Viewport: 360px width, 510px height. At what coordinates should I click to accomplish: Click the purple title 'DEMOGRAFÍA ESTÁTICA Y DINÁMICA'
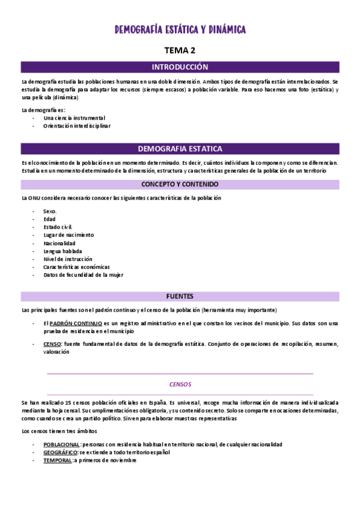[x=180, y=29]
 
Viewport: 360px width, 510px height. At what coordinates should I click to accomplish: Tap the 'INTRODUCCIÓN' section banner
[x=180, y=67]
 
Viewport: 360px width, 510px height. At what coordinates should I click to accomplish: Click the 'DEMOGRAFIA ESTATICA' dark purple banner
[x=180, y=149]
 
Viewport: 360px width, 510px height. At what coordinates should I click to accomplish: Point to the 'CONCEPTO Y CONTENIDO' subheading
[x=180, y=184]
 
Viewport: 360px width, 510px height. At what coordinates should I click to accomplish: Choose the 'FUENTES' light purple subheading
[x=180, y=296]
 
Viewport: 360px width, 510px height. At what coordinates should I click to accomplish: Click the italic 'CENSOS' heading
[x=180, y=382]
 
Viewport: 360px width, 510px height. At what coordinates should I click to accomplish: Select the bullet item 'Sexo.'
[x=50, y=212]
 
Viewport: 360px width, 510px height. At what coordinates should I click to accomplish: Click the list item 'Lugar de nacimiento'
[x=69, y=235]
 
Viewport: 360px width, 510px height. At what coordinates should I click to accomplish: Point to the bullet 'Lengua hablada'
[x=63, y=251]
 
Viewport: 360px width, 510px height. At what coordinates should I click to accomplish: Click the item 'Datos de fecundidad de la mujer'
[x=83, y=274]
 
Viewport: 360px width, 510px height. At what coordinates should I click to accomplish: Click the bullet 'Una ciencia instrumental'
[x=74, y=118]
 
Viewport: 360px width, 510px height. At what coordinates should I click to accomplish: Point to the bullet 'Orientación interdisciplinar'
[x=77, y=126]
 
